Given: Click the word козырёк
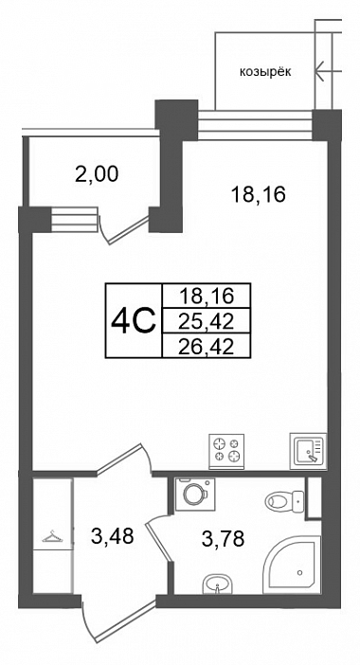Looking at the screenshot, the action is [x=265, y=73].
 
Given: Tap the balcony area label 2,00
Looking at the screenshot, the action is [x=97, y=174].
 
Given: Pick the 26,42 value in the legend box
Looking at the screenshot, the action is [x=207, y=348].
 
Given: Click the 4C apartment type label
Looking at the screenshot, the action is [x=135, y=322].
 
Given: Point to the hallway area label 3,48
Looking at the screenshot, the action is [x=113, y=536].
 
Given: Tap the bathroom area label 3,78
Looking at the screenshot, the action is [x=223, y=539].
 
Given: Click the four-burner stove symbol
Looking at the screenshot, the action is [x=226, y=451].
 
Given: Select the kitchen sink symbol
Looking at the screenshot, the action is [x=308, y=450].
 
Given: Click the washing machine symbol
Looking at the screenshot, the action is [x=194, y=494].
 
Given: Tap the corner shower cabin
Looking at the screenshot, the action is [x=292, y=565].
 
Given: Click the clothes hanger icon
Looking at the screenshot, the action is [x=52, y=537].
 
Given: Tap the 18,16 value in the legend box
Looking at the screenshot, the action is [x=207, y=296].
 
